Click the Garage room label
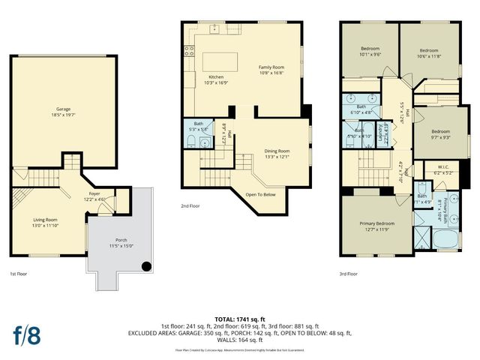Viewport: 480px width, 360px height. [x=63, y=111]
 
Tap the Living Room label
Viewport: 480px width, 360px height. [x=45, y=223]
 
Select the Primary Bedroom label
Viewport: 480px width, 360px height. [x=376, y=226]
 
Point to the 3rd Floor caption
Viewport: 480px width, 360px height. [x=348, y=274]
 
